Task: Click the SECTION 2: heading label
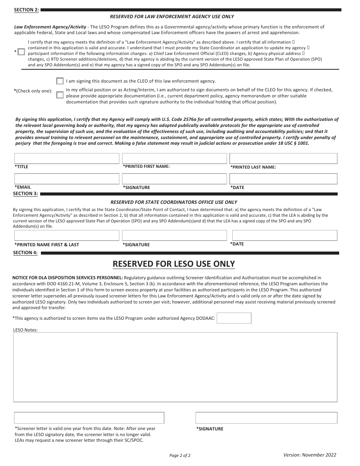26,10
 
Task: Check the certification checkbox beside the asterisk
21,52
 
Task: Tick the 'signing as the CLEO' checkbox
60,81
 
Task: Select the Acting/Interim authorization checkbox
60,95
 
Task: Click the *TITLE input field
67,158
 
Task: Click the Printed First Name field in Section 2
174,158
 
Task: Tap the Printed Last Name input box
283,158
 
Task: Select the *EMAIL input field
67,179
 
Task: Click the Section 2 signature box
174,179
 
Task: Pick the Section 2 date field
283,179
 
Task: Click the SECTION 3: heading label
25,194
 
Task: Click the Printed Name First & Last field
67,235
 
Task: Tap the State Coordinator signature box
174,235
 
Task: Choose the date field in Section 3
285,235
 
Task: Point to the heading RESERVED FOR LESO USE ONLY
174,264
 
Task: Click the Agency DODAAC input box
234,318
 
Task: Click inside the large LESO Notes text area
175,367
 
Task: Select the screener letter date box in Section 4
89,418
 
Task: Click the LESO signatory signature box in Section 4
266,418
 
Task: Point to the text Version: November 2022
310,455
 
